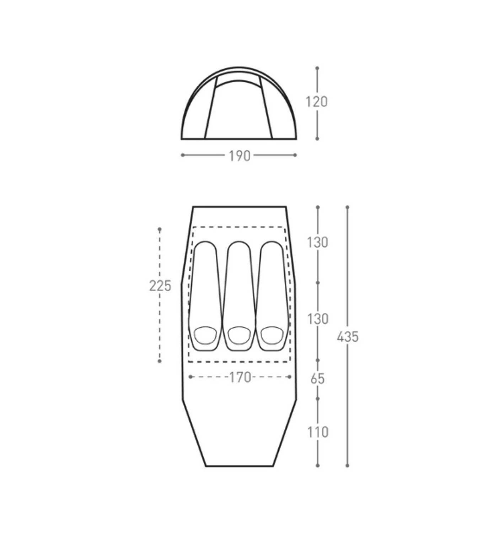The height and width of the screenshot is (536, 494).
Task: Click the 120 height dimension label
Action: tap(316, 102)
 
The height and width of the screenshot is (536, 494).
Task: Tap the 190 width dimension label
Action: tap(240, 156)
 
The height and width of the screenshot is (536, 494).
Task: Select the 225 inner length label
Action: tap(160, 286)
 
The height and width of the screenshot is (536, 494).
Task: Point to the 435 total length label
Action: tap(348, 337)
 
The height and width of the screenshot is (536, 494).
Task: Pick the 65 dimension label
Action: tap(317, 379)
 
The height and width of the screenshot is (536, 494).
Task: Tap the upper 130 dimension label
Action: tap(317, 243)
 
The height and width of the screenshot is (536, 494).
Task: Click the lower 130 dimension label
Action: tap(317, 319)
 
